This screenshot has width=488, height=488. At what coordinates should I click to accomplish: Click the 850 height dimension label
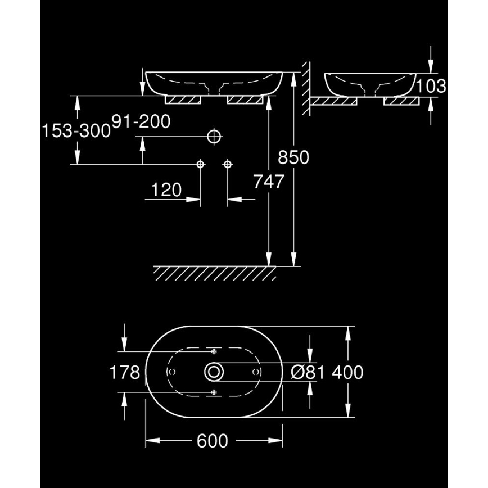pos(293,158)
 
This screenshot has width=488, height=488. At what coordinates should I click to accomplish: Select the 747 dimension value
pos(269,182)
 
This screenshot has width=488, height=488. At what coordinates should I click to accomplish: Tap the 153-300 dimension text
pos(76,131)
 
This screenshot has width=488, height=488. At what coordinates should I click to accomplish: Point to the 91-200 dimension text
pos(141,122)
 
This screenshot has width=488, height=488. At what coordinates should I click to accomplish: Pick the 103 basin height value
pos(432,86)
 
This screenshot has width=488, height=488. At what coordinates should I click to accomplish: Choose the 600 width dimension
pos(213,441)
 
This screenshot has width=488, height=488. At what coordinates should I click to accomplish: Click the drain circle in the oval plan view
pos(214,372)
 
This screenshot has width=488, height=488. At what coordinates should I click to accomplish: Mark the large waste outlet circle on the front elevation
pos(214,136)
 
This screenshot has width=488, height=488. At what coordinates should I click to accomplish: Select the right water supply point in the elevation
pos(228,164)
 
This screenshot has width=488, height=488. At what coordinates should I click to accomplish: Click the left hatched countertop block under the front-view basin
pos(183,100)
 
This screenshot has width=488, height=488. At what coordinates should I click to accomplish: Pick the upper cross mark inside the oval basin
pos(214,351)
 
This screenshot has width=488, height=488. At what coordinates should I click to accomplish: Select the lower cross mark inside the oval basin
pos(214,392)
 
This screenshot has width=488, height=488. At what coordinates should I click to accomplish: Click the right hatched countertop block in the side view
pos(401,101)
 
